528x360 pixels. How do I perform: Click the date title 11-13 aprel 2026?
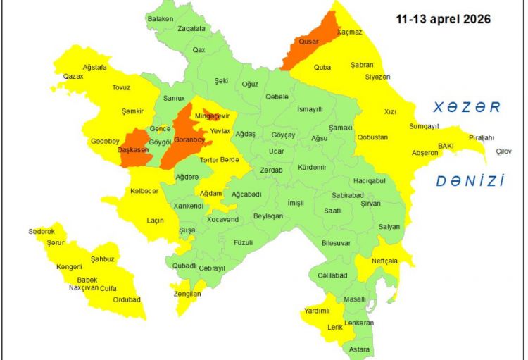[x=444, y=19]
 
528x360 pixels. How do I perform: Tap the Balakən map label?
[x=161, y=18]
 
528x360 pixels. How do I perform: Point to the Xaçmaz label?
[x=349, y=32]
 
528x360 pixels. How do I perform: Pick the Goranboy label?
[x=189, y=139]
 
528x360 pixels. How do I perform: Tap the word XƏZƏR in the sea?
[x=466, y=107]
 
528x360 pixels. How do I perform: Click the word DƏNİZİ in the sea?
[x=470, y=181]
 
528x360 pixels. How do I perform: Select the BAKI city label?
[x=446, y=145]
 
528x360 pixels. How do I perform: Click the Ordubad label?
[x=127, y=299]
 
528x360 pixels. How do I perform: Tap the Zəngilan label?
[x=187, y=294]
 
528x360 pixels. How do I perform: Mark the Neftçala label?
[x=385, y=261]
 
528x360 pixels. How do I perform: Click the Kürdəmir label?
[x=312, y=167]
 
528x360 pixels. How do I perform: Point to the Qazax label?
[x=73, y=75]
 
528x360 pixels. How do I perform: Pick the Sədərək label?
[x=41, y=231]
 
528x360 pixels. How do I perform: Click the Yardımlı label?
[x=317, y=311]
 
